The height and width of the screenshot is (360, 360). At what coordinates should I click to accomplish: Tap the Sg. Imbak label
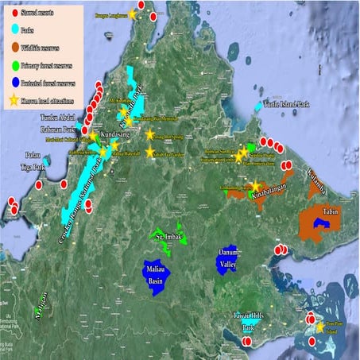coord(169,237)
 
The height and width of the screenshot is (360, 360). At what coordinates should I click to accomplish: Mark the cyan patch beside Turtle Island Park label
coord(257,107)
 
